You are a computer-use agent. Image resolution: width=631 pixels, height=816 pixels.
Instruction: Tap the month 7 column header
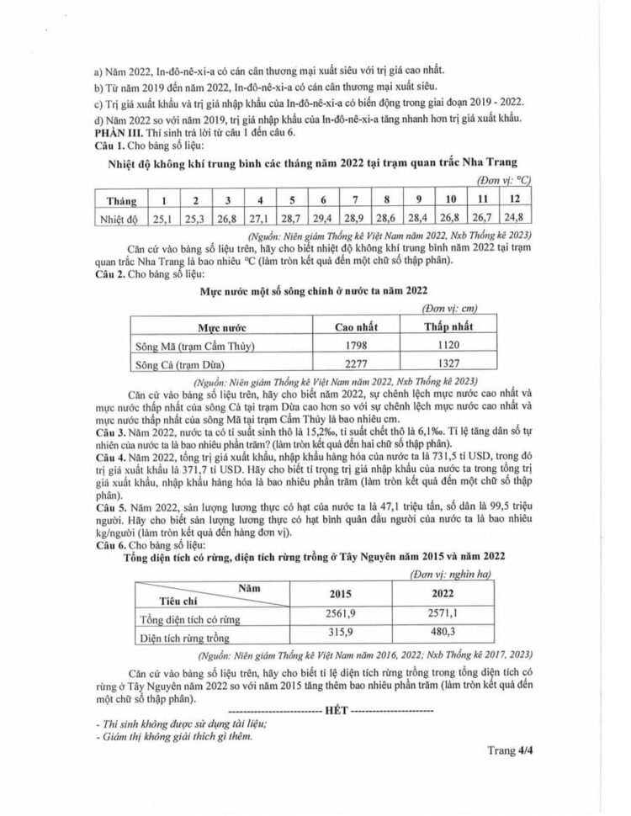(x=356, y=200)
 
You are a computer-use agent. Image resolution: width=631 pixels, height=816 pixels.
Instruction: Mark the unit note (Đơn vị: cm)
(x=451, y=309)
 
